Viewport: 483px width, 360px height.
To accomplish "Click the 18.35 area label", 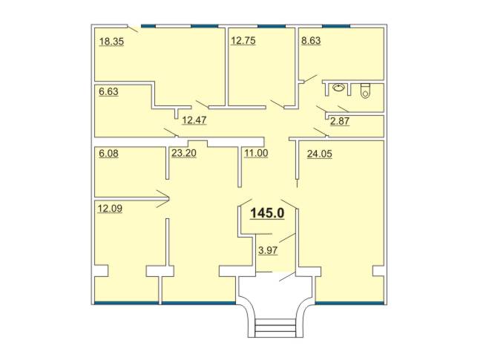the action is click(111, 42).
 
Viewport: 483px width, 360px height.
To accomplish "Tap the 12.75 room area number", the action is click(243, 41).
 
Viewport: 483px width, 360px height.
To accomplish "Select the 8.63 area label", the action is click(311, 41).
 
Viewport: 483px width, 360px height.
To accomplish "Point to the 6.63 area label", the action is click(108, 92).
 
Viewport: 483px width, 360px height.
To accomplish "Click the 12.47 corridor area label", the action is click(194, 120).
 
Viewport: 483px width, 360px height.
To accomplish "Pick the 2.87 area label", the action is click(340, 121).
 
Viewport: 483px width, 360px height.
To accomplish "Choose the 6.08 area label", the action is click(108, 154).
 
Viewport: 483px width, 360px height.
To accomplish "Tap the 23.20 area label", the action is click(184, 153).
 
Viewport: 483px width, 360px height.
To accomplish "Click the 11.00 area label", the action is click(256, 153).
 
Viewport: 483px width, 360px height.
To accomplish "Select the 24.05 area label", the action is click(320, 154).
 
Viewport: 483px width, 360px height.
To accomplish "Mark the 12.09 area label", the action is click(110, 209).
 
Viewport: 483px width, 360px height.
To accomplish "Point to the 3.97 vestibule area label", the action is click(268, 250).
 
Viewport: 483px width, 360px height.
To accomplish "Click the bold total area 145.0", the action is click(267, 213).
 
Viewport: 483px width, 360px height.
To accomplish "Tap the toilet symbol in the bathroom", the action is click(365, 91).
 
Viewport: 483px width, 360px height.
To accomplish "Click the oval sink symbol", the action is click(339, 88).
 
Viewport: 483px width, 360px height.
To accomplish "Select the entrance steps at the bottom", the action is click(275, 328).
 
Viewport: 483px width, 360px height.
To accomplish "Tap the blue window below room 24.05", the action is click(350, 304).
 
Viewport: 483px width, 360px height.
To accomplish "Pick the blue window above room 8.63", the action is click(336, 26).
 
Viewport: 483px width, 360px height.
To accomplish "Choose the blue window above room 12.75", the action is click(272, 26).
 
